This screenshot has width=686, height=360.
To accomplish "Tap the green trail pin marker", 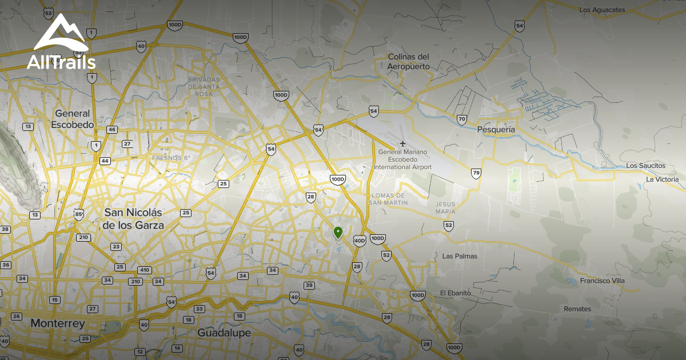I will pos(338,232).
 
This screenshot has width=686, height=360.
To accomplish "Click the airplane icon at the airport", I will pos(403,143).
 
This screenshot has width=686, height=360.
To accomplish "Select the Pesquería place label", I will pos(496,130).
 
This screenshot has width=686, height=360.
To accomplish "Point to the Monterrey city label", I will pos(57,323).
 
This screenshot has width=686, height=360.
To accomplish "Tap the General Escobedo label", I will pos(72,119).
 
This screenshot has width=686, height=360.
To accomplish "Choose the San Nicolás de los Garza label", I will pos(133,219).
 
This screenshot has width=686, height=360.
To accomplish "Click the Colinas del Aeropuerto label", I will pos(408,62).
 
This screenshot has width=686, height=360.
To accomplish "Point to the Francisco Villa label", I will pos(602,281).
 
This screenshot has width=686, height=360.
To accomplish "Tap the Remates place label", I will pos(577,309).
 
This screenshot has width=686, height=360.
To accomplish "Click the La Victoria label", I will pos(662,179).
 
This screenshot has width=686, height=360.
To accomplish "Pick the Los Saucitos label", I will pos(646,166).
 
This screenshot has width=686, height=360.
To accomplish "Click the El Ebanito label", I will pos(455,293).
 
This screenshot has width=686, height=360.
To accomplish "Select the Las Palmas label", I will pos(460,256).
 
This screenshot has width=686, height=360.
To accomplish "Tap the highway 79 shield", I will pos(476,173).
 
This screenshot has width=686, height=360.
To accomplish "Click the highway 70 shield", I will pos(462,119).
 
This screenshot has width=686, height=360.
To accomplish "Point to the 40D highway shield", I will pos(360,241).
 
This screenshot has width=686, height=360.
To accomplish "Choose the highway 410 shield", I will pos(144,270).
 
